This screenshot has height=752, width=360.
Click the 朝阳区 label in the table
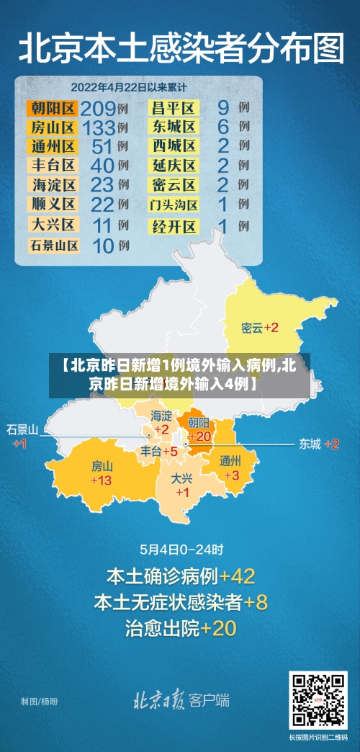[53, 109]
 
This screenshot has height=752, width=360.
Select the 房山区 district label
[53, 128]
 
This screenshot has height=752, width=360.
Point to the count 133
[98, 128]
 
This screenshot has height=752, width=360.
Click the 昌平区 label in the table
[174, 109]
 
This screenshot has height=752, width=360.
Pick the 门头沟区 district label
[174, 205]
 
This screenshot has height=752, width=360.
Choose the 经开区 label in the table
[174, 227]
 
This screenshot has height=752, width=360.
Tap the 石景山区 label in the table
[53, 246]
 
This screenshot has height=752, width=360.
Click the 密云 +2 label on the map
[260, 328]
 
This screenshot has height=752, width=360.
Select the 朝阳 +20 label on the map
[199, 429]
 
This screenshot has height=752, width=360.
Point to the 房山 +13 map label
[102, 473]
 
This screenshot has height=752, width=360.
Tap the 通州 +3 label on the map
[230, 468]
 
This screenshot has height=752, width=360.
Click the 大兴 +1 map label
[182, 485]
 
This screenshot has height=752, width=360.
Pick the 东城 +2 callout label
[319, 444]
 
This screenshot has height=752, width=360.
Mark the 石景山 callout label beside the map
[22, 435]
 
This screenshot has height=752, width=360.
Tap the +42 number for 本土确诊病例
[237, 577]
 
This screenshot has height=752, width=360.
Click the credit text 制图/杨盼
[39, 701]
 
